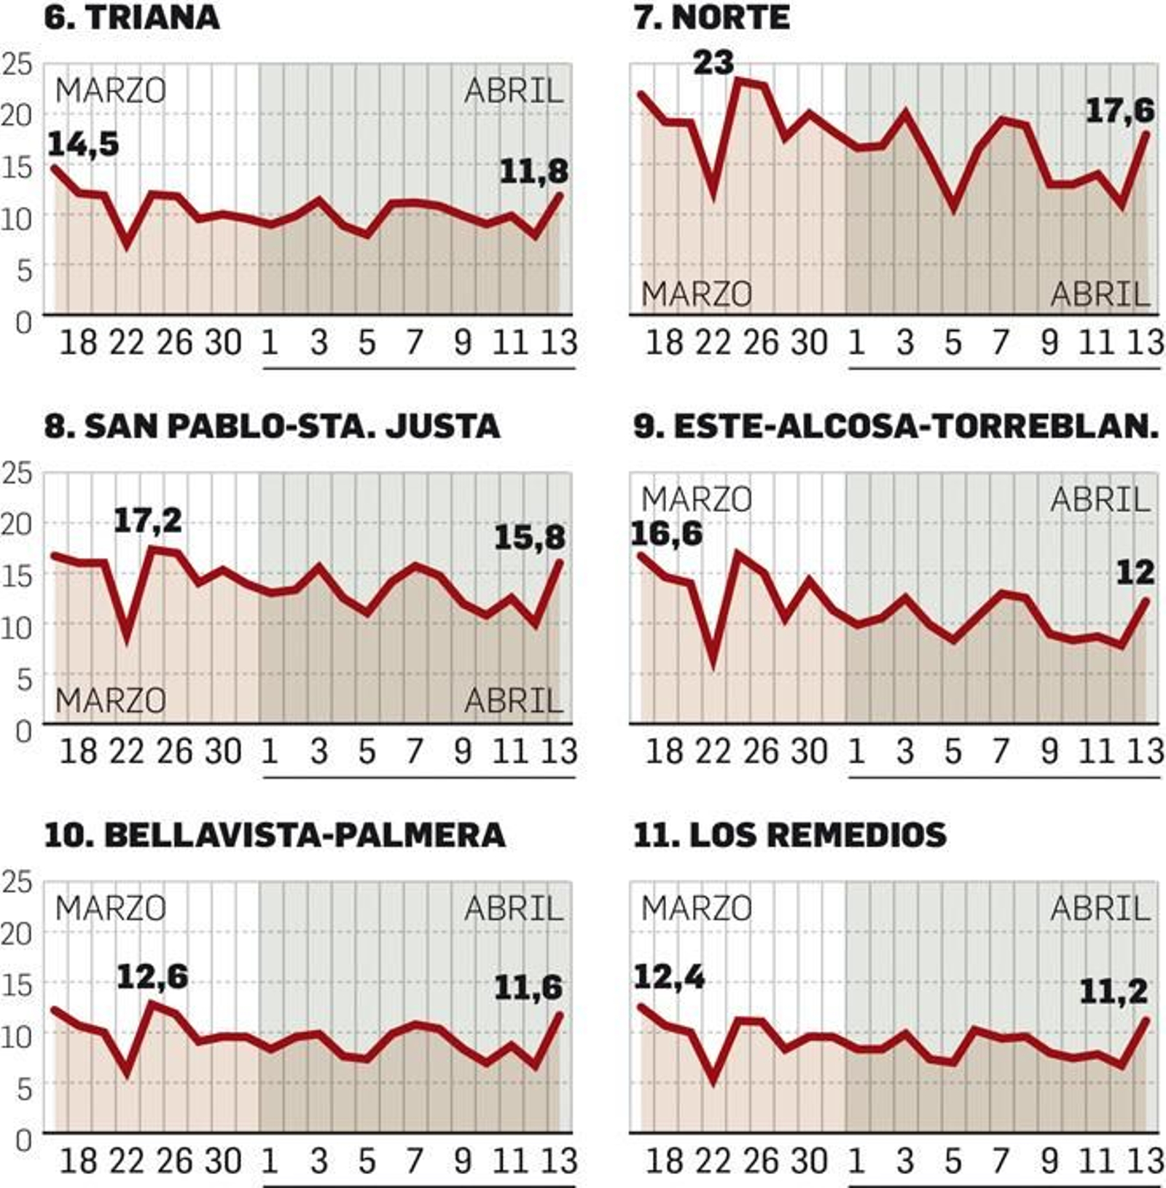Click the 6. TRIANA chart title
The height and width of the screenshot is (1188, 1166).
(x=132, y=17)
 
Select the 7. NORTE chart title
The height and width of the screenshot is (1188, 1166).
(x=711, y=17)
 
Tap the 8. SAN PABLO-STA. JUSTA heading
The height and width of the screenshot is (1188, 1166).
(x=272, y=426)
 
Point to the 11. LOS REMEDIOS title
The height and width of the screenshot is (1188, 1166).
(x=790, y=835)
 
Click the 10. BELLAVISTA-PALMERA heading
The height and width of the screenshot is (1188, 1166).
(x=275, y=835)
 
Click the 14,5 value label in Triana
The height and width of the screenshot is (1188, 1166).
(x=82, y=144)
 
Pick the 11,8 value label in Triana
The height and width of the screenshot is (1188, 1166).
(x=533, y=172)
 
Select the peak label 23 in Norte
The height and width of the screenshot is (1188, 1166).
(x=713, y=63)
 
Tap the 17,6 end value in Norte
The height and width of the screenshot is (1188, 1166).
(x=1120, y=111)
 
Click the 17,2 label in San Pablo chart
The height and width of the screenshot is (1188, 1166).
(x=147, y=520)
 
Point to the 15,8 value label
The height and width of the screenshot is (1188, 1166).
(x=529, y=538)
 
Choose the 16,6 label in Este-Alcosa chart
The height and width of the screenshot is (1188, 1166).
(x=666, y=534)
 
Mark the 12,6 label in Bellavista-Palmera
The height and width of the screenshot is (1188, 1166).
(x=152, y=977)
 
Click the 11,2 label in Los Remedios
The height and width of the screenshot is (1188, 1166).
(x=1113, y=991)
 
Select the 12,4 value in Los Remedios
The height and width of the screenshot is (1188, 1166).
(x=669, y=977)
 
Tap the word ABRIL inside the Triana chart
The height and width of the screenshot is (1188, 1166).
(x=514, y=91)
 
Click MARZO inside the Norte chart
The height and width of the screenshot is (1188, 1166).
(x=696, y=294)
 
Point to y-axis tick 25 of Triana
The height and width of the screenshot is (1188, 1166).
(x=17, y=65)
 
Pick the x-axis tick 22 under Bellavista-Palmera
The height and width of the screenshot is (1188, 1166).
(x=127, y=1161)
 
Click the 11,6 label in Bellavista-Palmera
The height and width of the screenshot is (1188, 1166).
(x=528, y=988)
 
